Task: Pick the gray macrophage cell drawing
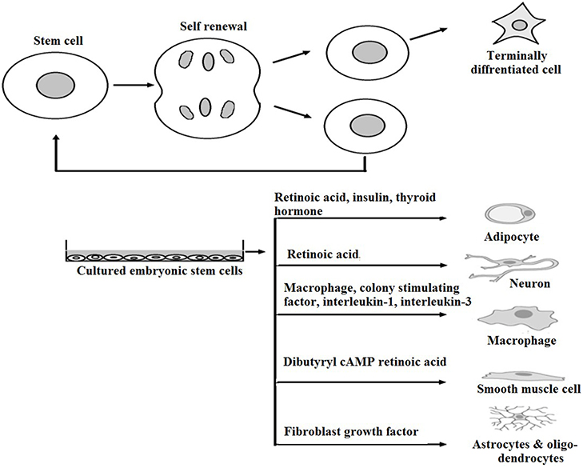(511, 315)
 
